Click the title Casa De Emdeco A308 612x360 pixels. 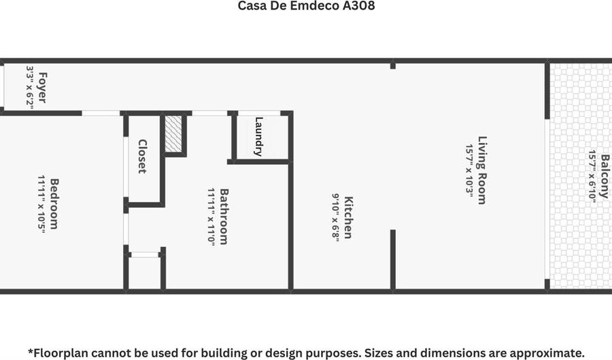pos(306,6)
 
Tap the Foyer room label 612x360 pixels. pos(42,87)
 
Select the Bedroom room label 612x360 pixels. pos(54,203)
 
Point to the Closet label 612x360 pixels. pos(142,157)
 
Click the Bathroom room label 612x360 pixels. pos(223,216)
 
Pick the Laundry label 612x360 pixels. pos(258,137)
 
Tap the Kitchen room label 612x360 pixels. pos(347,218)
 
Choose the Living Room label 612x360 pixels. pos(481,170)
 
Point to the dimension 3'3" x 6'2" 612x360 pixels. pos(30,87)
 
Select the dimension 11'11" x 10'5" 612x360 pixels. pos(42,203)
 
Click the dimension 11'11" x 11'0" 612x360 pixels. pos(211,216)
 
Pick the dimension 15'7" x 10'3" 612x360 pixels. pos(469,170)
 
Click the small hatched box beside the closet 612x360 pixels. pos(174,133)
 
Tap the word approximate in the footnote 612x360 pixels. pos(543,353)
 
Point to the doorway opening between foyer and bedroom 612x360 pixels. pos(102,113)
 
